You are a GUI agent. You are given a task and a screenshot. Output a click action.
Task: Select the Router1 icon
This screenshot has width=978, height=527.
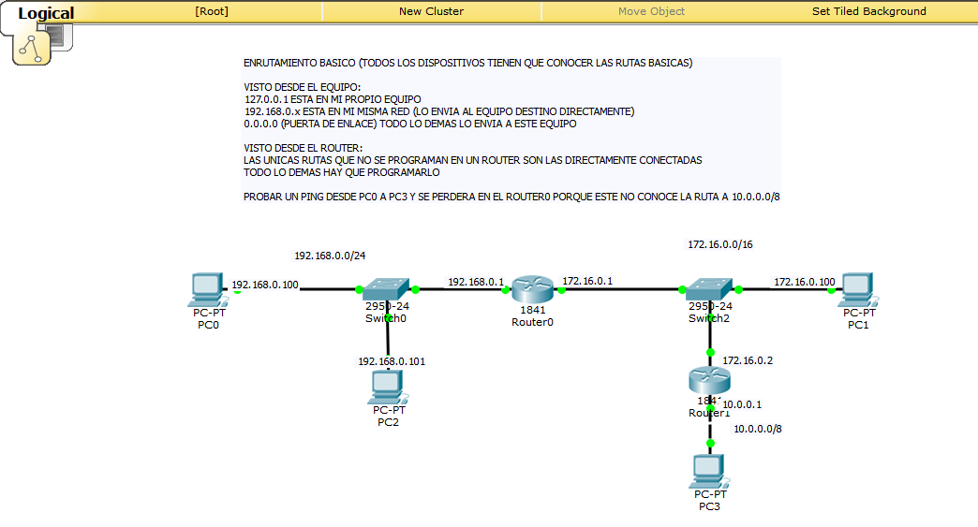click(709, 380)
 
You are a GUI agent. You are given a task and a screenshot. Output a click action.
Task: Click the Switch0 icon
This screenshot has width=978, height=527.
click(387, 289)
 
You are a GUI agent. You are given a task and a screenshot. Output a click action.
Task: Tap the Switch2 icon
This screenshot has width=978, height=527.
click(709, 289)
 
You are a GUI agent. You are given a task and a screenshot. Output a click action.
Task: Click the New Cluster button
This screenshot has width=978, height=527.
click(431, 11)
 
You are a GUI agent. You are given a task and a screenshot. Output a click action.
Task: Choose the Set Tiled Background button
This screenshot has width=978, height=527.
click(868, 11)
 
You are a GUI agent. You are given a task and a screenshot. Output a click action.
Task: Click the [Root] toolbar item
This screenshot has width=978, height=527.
click(212, 11)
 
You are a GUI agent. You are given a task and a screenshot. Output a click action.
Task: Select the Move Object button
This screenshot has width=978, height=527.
click(651, 11)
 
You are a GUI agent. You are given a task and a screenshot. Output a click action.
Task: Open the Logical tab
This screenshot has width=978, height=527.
click(46, 13)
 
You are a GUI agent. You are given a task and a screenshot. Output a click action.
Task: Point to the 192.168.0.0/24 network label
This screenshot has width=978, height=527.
click(330, 256)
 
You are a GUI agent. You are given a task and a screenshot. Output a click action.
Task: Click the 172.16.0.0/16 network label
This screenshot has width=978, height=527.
click(719, 244)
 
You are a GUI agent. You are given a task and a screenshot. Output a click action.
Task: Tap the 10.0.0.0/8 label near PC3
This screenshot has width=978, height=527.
click(757, 429)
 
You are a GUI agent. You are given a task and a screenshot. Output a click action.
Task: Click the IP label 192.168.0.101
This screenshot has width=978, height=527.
click(392, 361)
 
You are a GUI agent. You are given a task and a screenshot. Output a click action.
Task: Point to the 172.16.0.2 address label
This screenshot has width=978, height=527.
click(748, 360)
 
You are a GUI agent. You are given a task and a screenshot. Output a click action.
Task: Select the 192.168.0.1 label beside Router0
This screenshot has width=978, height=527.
click(476, 281)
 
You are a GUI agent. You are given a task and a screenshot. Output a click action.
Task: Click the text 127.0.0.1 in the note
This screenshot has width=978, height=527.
click(266, 98)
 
